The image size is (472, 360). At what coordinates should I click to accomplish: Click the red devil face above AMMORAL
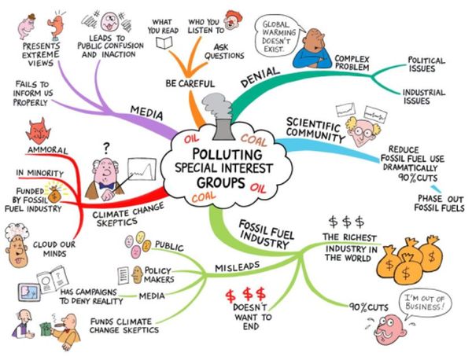click(39, 131)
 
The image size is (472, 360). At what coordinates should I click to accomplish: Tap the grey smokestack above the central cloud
click(223, 130)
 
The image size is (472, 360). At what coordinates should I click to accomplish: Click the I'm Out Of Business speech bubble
click(425, 303)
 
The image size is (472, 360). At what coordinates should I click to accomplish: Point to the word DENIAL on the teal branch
click(260, 77)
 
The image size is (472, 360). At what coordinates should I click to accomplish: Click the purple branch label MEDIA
click(146, 112)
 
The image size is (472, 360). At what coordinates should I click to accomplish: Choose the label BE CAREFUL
click(190, 83)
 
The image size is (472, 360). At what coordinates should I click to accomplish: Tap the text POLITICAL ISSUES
click(426, 64)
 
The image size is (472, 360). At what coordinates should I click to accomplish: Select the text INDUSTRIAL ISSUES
click(423, 97)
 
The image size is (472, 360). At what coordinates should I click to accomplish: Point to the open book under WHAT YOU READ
click(164, 42)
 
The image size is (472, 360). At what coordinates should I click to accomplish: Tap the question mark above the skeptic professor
click(106, 147)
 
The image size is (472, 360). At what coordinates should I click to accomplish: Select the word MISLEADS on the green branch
click(238, 266)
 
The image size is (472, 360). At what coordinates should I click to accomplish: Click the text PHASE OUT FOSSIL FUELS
click(439, 204)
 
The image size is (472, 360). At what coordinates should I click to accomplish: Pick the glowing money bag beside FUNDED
click(54, 194)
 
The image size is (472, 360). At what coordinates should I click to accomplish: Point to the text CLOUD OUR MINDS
click(54, 249)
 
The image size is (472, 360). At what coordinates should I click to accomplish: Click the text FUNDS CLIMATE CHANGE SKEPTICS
click(124, 325)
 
